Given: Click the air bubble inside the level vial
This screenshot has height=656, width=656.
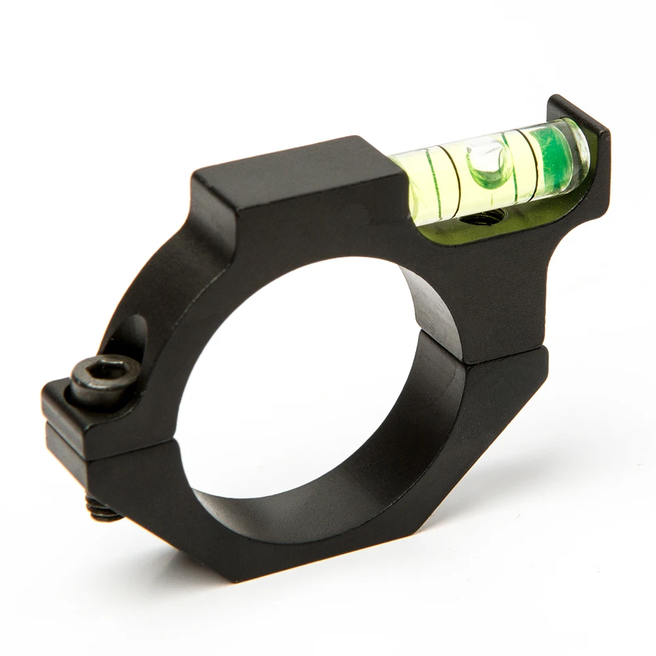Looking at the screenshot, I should click(x=489, y=165).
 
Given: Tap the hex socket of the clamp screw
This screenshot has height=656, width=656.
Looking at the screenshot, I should click(x=105, y=371).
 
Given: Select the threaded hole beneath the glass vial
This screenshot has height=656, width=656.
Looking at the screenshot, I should click(x=485, y=217).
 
